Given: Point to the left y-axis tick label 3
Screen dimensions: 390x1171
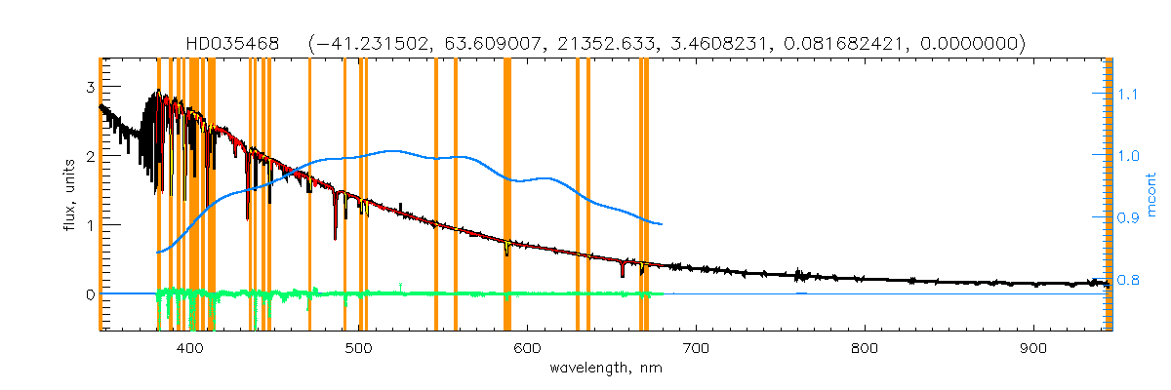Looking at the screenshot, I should (x=89, y=88).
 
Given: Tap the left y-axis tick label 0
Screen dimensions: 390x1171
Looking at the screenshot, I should (x=89, y=294).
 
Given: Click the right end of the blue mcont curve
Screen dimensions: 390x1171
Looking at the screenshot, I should (x=663, y=224).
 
